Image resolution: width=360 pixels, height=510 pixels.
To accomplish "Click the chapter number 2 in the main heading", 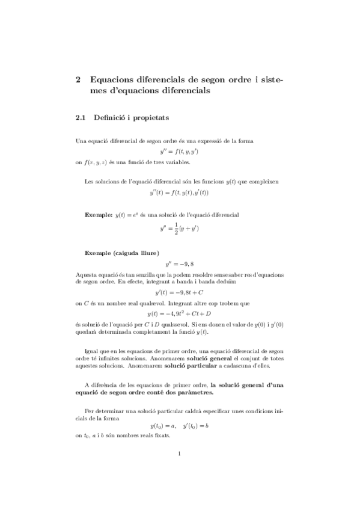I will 79,79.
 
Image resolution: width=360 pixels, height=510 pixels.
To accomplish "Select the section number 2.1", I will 81,118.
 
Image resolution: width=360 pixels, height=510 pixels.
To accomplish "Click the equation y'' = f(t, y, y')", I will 179,152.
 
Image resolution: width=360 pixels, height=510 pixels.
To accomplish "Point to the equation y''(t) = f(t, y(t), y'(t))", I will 179,192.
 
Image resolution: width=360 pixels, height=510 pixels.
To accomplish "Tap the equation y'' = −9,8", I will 179,264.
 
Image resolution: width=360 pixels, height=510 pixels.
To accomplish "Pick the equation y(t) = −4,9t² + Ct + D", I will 179,313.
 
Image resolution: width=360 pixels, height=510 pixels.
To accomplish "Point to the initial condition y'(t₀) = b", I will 196,425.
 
